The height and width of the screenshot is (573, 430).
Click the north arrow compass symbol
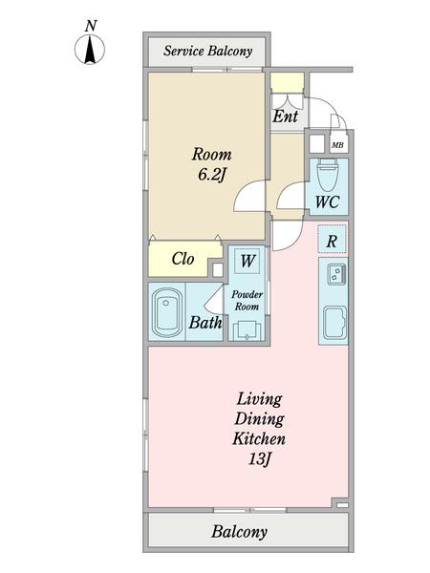coord(90,49)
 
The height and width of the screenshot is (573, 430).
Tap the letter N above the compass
coord(91,26)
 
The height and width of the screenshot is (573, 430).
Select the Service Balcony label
coord(207,51)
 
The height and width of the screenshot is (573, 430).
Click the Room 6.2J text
coord(212,164)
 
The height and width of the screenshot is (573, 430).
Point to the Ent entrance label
coord(286,117)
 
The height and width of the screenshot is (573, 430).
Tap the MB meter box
coord(337,145)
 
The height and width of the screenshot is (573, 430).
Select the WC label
coord(327,202)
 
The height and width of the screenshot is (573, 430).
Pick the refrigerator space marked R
coord(332,240)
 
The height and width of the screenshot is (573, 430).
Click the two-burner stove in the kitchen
coord(337,274)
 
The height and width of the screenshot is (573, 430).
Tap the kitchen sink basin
coord(335,322)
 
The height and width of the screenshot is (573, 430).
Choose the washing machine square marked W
coord(247,261)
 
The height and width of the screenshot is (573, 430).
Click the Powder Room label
coord(247,301)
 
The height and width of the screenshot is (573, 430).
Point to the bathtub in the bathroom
coord(166,313)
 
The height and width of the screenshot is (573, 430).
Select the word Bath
coord(205,323)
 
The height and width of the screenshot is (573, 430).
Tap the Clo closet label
coord(183,259)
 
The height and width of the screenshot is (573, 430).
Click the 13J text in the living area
coord(259,458)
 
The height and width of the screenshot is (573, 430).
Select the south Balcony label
coord(239,532)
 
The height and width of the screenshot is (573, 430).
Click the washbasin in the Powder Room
coord(247,330)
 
